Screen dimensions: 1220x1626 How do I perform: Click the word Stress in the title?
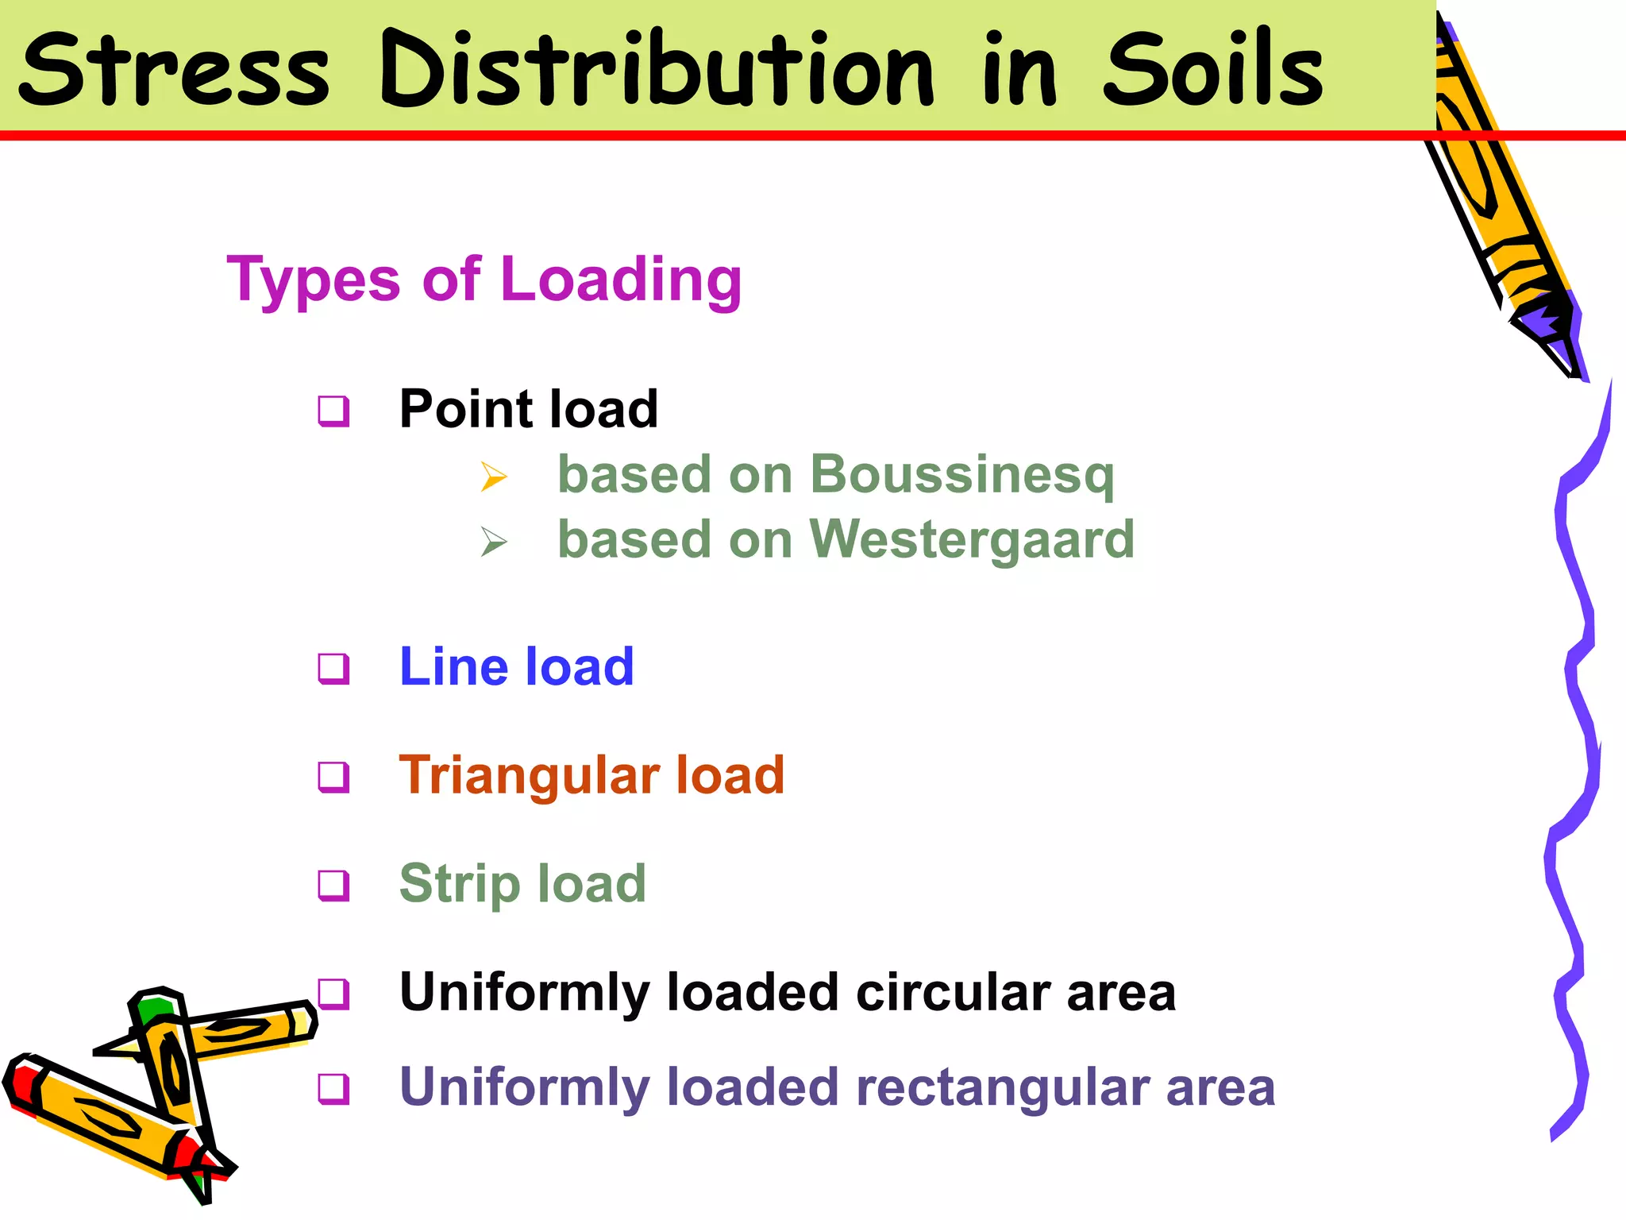point(173,70)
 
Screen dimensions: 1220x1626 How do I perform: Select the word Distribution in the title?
point(657,70)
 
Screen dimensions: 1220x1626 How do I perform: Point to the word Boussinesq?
point(961,475)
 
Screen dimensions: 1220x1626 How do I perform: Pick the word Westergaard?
point(972,539)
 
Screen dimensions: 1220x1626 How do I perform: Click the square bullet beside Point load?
point(333,411)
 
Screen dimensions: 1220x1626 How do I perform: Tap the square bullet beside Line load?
point(333,668)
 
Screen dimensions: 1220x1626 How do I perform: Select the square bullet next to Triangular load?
point(333,777)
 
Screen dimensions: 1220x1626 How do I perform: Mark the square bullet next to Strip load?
point(333,885)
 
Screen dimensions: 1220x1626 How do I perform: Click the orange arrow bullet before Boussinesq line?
point(494,477)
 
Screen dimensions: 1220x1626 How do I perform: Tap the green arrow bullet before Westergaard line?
point(494,542)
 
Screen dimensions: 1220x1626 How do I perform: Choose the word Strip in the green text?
point(460,884)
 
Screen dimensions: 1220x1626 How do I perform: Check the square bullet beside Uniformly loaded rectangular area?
point(333,1088)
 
